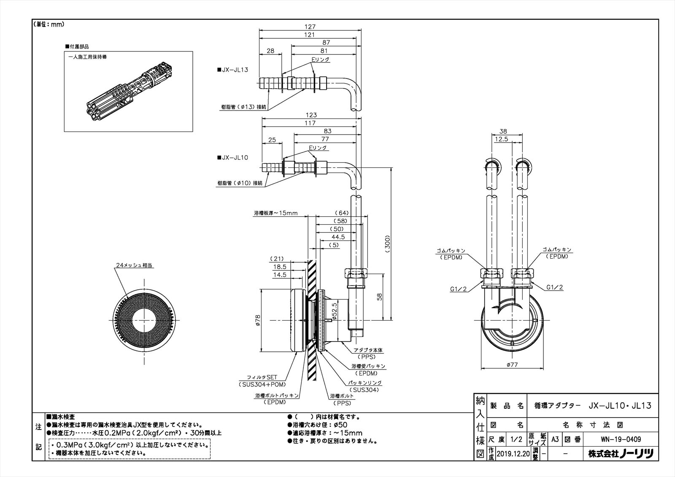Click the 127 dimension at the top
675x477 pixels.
click(310, 27)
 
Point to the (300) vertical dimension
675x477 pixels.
click(388, 243)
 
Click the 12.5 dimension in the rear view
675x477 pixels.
click(501, 139)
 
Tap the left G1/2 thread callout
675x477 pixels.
click(458, 288)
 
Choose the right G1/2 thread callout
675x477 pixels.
click(555, 287)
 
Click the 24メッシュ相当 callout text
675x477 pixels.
click(134, 265)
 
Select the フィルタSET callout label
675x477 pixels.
click(262, 378)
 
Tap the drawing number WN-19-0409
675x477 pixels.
click(621, 439)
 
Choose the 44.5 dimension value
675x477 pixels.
click(338, 237)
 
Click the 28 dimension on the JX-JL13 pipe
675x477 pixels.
click(270, 51)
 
